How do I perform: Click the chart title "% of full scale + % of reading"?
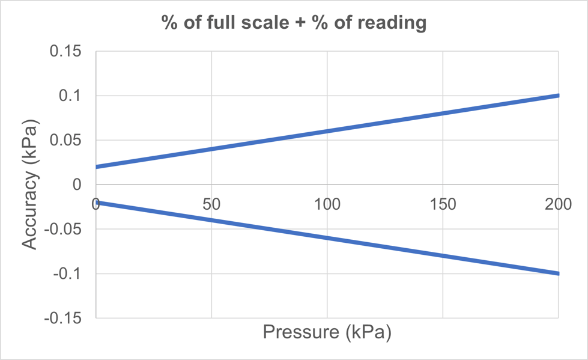click(294, 23)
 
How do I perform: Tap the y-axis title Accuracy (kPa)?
click(30, 185)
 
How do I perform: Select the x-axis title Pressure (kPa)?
click(327, 332)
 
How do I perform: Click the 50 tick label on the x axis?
click(211, 204)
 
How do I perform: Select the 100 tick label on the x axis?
click(327, 204)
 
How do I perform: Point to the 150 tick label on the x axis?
click(443, 204)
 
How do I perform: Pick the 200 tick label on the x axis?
click(557, 204)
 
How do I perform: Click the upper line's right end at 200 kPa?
click(558, 96)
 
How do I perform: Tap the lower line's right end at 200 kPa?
click(558, 273)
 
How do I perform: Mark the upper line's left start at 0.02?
click(97, 166)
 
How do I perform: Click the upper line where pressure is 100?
click(327, 131)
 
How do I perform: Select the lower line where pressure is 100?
click(327, 238)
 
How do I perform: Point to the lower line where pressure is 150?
click(443, 255)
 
